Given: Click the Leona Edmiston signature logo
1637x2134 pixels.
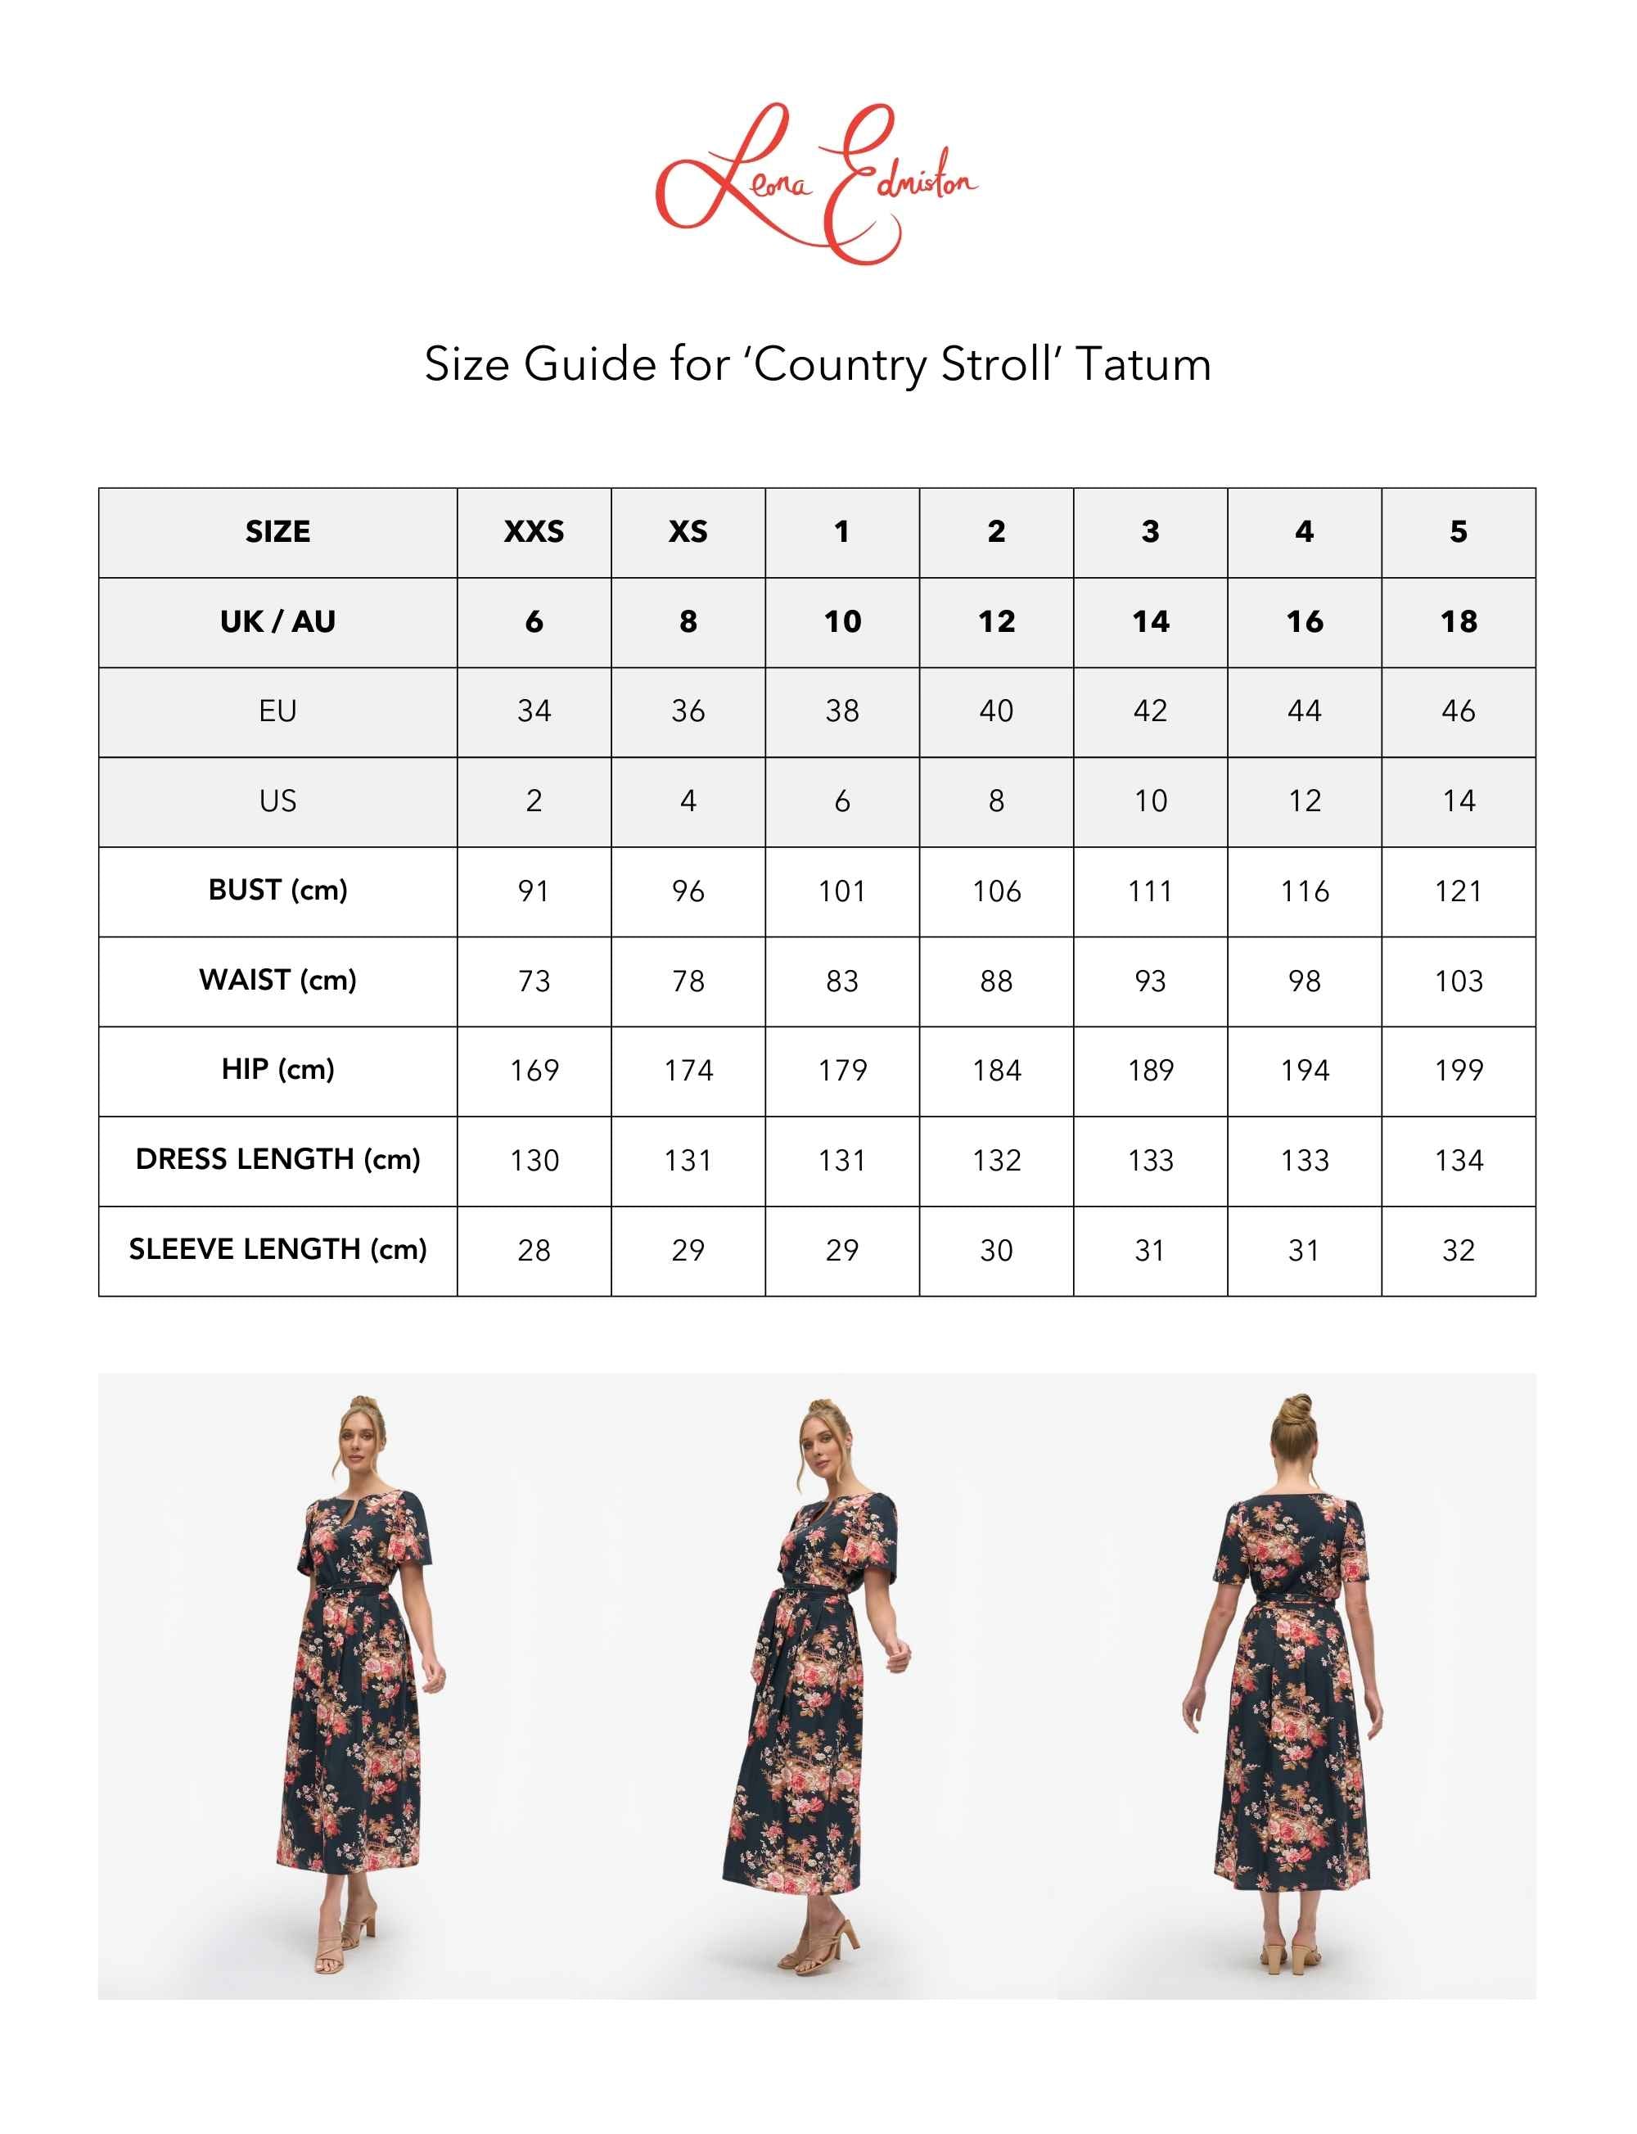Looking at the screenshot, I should point(817,183).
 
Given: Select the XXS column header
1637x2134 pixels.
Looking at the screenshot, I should point(534,532).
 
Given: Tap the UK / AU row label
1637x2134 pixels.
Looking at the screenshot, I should point(277,621).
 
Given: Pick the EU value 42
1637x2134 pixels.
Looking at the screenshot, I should point(1150,711).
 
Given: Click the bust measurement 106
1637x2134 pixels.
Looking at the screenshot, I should point(996,891).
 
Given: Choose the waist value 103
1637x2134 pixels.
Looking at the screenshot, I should point(1458,981).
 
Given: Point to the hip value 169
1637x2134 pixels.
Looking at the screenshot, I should point(534,1071).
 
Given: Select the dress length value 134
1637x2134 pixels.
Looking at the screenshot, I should point(1458,1161).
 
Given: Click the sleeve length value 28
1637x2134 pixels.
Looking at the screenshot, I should point(534,1250).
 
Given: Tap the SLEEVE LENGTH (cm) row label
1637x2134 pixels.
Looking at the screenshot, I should point(277,1249).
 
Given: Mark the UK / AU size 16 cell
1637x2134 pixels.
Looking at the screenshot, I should point(1304,621).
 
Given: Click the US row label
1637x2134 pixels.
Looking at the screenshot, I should point(277,801).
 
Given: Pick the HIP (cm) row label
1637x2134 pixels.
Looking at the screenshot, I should point(277,1070).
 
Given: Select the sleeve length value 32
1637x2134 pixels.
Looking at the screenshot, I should point(1458,1250).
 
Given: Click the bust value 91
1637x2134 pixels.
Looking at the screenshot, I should point(534,891).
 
